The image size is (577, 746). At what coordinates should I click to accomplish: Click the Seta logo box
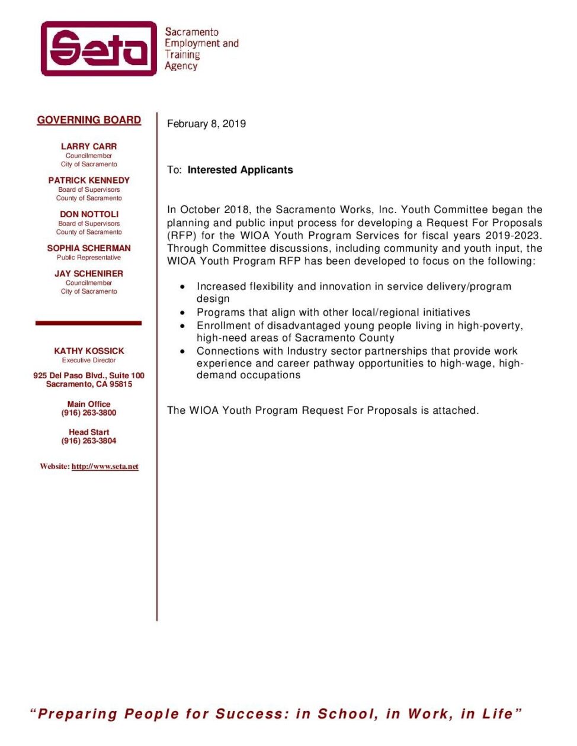(x=98, y=49)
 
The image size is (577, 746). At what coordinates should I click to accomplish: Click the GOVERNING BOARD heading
(x=89, y=120)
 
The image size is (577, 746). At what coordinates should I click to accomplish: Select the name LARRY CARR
(x=89, y=146)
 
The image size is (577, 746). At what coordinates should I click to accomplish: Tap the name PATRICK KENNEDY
(x=89, y=180)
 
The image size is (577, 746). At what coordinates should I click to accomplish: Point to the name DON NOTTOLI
(x=89, y=214)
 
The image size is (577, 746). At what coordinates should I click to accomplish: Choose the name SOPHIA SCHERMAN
(x=89, y=248)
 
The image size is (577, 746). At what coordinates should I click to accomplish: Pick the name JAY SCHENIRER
(x=89, y=274)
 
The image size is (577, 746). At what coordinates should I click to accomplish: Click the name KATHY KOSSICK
(x=89, y=351)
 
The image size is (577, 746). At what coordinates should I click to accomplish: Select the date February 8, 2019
(x=206, y=124)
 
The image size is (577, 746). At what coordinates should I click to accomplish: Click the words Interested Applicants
(x=240, y=170)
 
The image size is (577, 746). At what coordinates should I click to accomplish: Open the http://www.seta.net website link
(x=105, y=467)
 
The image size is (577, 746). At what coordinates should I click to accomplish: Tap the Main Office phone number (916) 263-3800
(x=89, y=413)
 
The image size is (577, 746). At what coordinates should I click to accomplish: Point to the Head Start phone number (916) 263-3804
(x=89, y=441)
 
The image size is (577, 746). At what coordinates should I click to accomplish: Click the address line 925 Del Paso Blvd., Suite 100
(x=89, y=375)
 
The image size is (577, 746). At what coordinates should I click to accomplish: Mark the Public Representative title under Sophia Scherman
(x=89, y=258)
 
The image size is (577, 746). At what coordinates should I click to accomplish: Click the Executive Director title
(x=89, y=360)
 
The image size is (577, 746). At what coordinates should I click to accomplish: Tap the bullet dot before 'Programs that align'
(x=183, y=313)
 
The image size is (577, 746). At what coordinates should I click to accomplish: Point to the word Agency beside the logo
(x=181, y=66)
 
